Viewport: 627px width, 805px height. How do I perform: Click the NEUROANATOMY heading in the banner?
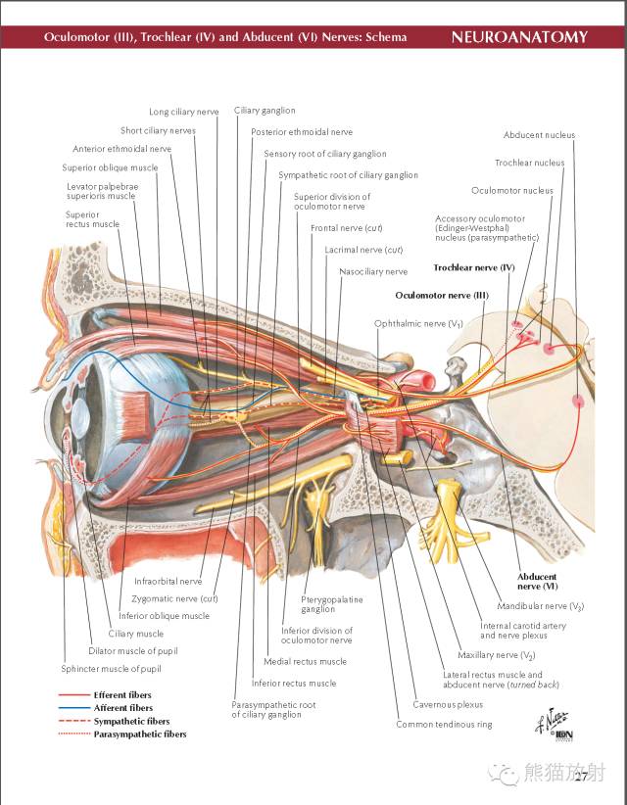tap(519, 37)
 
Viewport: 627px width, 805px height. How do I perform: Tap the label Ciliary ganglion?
tap(265, 111)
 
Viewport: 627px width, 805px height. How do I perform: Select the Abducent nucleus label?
tap(539, 135)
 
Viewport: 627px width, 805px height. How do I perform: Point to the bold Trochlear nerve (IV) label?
tap(474, 267)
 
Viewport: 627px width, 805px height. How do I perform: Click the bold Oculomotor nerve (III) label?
tap(442, 295)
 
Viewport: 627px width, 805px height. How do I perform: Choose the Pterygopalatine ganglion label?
tap(332, 604)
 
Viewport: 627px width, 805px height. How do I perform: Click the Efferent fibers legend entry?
tap(122, 695)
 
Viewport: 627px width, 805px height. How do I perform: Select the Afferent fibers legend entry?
tap(123, 708)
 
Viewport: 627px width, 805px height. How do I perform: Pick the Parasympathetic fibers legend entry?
tap(140, 734)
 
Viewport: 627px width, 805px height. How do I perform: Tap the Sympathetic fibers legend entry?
tap(131, 722)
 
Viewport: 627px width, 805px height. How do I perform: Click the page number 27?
tap(581, 777)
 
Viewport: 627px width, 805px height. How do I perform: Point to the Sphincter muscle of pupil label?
tap(111, 669)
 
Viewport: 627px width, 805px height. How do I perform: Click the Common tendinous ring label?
tap(444, 725)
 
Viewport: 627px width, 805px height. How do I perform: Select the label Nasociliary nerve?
tap(373, 271)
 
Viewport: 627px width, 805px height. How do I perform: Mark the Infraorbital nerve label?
tap(169, 582)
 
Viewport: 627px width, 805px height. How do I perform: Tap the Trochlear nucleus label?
tap(529, 163)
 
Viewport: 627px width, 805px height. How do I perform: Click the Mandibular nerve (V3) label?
tap(541, 606)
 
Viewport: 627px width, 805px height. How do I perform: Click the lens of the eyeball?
tap(79, 414)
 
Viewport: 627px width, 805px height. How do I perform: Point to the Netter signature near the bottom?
tap(555, 725)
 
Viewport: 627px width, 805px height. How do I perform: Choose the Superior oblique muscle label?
tap(110, 167)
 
